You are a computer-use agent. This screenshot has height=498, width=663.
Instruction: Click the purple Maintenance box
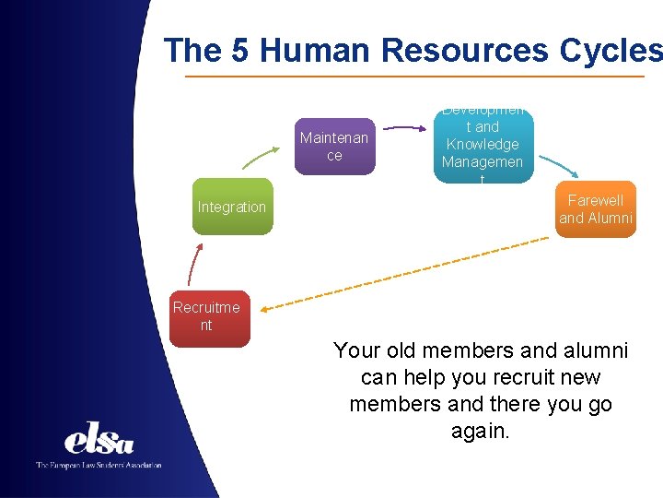[x=334, y=146]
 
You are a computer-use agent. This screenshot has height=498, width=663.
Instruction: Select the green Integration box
[x=232, y=207]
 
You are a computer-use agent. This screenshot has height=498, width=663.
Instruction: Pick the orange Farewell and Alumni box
[x=596, y=209]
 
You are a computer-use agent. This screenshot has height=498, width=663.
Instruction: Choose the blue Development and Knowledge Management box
[x=482, y=145]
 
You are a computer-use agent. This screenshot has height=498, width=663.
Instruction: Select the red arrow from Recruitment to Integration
[x=192, y=264]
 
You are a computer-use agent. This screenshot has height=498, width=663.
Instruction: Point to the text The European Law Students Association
[x=99, y=465]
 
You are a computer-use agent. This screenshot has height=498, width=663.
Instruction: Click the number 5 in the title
[x=240, y=50]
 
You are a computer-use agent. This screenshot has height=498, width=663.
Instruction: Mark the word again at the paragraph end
[x=480, y=431]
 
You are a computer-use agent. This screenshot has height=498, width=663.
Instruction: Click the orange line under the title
[x=414, y=76]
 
